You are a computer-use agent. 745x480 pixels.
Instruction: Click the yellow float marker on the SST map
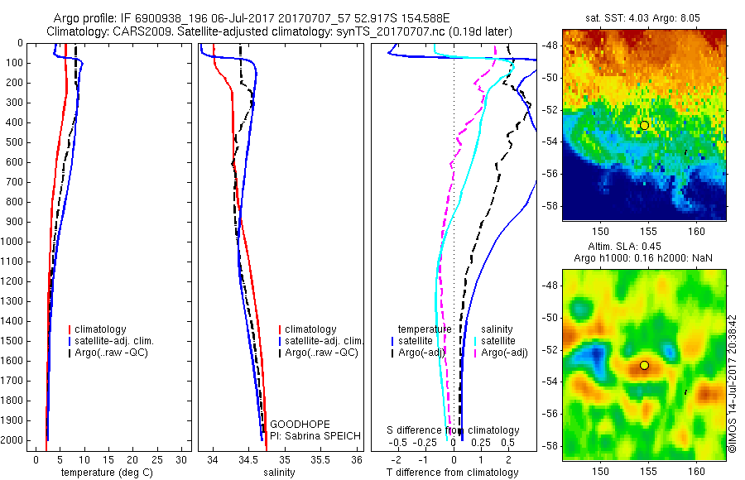[644, 125]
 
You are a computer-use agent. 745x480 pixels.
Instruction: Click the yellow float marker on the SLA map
[644, 365]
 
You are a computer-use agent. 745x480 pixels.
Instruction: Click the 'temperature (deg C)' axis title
[105, 473]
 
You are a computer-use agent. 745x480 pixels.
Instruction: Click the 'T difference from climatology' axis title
[452, 473]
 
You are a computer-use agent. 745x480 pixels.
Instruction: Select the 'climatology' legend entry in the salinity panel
[310, 329]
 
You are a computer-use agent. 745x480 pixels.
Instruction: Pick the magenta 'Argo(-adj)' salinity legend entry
[505, 353]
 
